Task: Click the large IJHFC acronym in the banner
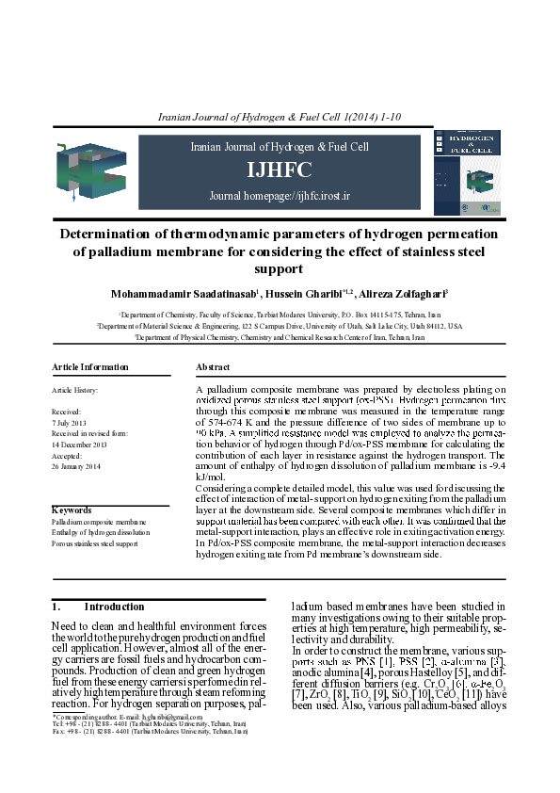(x=280, y=170)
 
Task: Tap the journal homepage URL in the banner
(x=280, y=196)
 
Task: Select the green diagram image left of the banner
(x=90, y=172)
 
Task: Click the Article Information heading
(x=90, y=366)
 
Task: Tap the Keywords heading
(x=72, y=510)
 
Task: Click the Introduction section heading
(x=99, y=607)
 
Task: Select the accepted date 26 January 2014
(x=76, y=466)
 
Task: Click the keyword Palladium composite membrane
(x=99, y=521)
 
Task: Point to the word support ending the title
(x=280, y=269)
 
